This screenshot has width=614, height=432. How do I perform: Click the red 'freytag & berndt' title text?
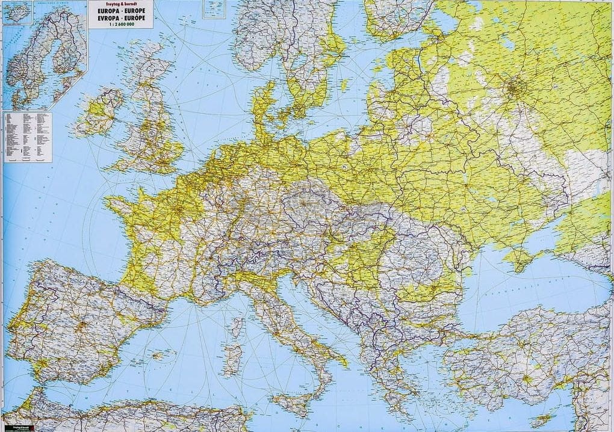pyautogui.click(x=120, y=4)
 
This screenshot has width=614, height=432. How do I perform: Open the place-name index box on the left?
pyautogui.click(x=28, y=137)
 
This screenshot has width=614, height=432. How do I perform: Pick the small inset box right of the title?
pyautogui.click(x=213, y=8)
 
